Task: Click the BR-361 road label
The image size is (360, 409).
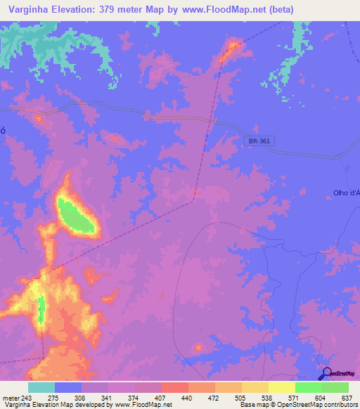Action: pyautogui.click(x=258, y=141)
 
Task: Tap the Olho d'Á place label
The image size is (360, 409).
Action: pyautogui.click(x=345, y=193)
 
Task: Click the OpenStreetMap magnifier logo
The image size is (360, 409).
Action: pyautogui.click(x=326, y=373)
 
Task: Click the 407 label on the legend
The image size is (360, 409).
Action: pyautogui.click(x=161, y=398)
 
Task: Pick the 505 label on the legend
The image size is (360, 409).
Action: pyautogui.click(x=241, y=398)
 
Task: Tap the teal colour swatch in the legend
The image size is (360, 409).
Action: pyautogui.click(x=41, y=387)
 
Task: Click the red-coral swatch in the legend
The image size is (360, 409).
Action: pyautogui.click(x=175, y=387)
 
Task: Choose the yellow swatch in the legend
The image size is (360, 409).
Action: pyautogui.click(x=281, y=387)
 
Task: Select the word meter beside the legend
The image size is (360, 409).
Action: pyautogui.click(x=10, y=398)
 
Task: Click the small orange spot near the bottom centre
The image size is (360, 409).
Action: pyautogui.click(x=198, y=348)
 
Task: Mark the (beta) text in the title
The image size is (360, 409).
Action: pyautogui.click(x=278, y=9)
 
